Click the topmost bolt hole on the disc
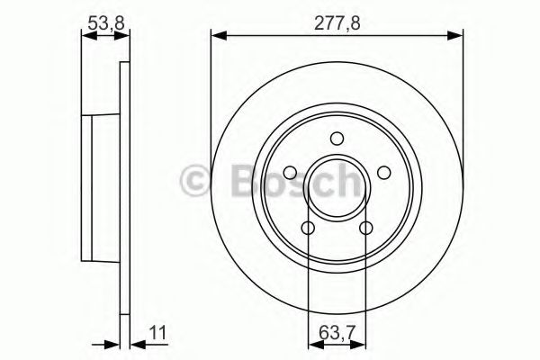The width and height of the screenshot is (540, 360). coord(337,139)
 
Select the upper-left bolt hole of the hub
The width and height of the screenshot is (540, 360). coord(291,173)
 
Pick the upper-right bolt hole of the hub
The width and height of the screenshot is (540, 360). coord(382,173)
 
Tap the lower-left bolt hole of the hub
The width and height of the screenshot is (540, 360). coord(308,228)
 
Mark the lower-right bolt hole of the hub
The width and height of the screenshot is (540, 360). coord(365,228)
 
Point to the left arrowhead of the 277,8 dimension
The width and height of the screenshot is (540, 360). coord(217,36)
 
